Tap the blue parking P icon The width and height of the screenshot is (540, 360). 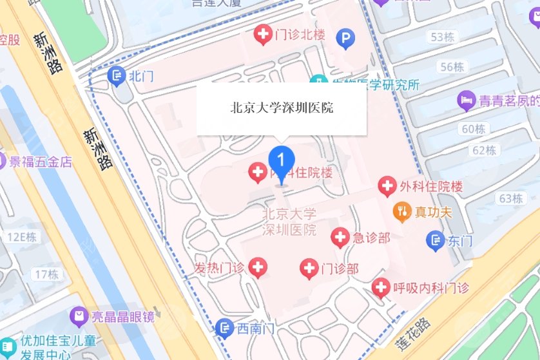tap(346, 41)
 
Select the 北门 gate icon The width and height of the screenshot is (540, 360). tap(117, 75)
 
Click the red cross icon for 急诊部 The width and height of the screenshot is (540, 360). tap(340, 238)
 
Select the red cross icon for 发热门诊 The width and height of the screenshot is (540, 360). tap(258, 266)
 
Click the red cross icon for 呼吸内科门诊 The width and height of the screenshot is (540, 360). tap(381, 287)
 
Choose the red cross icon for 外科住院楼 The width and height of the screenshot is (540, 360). tap(387, 187)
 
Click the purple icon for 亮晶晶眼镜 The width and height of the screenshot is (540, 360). tap(79, 316)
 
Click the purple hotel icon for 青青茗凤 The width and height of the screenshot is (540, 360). tap(465, 100)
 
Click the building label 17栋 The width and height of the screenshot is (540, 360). tap(46, 274)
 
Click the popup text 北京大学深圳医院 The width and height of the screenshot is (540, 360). tap(282, 108)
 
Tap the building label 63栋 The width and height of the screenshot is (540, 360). tap(510, 198)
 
